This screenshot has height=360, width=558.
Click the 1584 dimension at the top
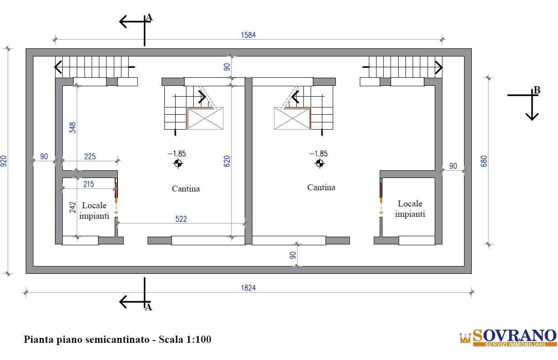pos(248,35)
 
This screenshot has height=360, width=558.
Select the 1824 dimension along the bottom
pos(248,288)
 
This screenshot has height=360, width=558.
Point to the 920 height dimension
pos(4,161)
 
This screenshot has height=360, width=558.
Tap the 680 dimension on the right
pos(484,161)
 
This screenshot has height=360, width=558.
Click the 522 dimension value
pos(181,219)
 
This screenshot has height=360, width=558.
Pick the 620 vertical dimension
pos(227,162)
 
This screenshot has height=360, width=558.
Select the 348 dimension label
pos(73,128)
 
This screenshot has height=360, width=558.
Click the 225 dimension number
pos(90,157)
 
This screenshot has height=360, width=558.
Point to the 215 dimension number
pos(89,184)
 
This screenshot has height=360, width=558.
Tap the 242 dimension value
pos(73,207)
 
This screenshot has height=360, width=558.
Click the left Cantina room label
pos(186,189)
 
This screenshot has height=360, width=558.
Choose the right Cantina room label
pos(321,187)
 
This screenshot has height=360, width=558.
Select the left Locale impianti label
pos(94,210)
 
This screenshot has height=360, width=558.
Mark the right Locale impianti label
pos(410,209)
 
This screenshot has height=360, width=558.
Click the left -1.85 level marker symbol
pos(178,164)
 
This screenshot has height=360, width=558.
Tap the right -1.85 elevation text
pos(319,154)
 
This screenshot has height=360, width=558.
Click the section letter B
pos(537,91)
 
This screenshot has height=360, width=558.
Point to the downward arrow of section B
pos(532,113)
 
